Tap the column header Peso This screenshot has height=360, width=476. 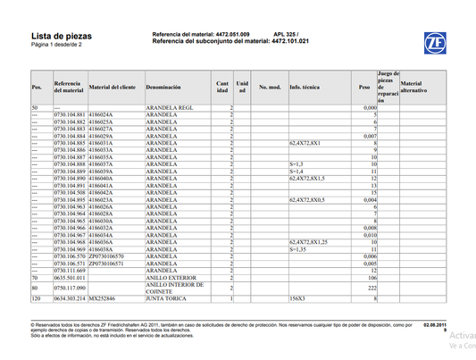pos(363,88)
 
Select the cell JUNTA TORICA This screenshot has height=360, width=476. pos(166,297)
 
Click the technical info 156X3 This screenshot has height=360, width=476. pos(297,297)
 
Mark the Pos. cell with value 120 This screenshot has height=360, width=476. pos(36,297)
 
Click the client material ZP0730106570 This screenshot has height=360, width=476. pos(106,256)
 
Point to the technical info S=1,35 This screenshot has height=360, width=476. pos(299,248)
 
